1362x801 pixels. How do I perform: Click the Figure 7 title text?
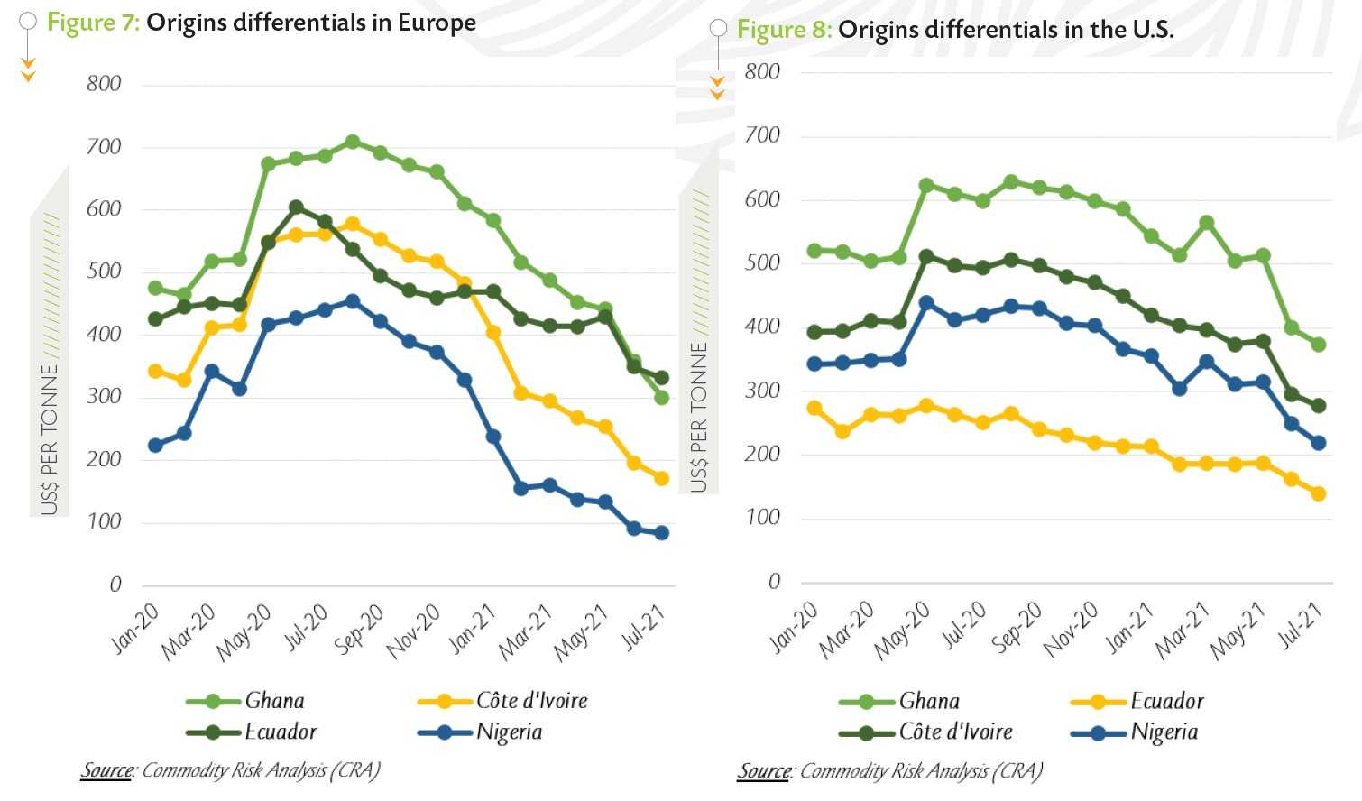tap(262, 23)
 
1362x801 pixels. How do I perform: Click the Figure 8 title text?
tap(955, 30)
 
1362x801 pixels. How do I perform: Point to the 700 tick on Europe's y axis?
tap(104, 147)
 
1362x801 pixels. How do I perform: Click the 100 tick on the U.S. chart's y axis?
tap(762, 518)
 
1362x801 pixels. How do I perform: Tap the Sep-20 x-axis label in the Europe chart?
tap(360, 629)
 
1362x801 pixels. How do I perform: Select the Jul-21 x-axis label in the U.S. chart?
tap(1300, 626)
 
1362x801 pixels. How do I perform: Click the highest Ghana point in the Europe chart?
tap(353, 142)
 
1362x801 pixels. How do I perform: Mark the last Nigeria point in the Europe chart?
tap(661, 533)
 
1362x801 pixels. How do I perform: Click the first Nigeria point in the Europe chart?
tap(155, 446)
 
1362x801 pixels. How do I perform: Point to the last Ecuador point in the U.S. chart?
tap(1318, 493)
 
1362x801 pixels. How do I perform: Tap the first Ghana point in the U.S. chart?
tap(814, 251)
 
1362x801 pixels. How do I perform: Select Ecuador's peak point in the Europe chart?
tap(296, 207)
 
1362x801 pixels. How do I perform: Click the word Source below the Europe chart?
tap(107, 770)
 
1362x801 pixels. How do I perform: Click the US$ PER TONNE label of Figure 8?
tap(699, 417)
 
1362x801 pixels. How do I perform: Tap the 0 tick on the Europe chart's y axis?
tap(115, 585)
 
